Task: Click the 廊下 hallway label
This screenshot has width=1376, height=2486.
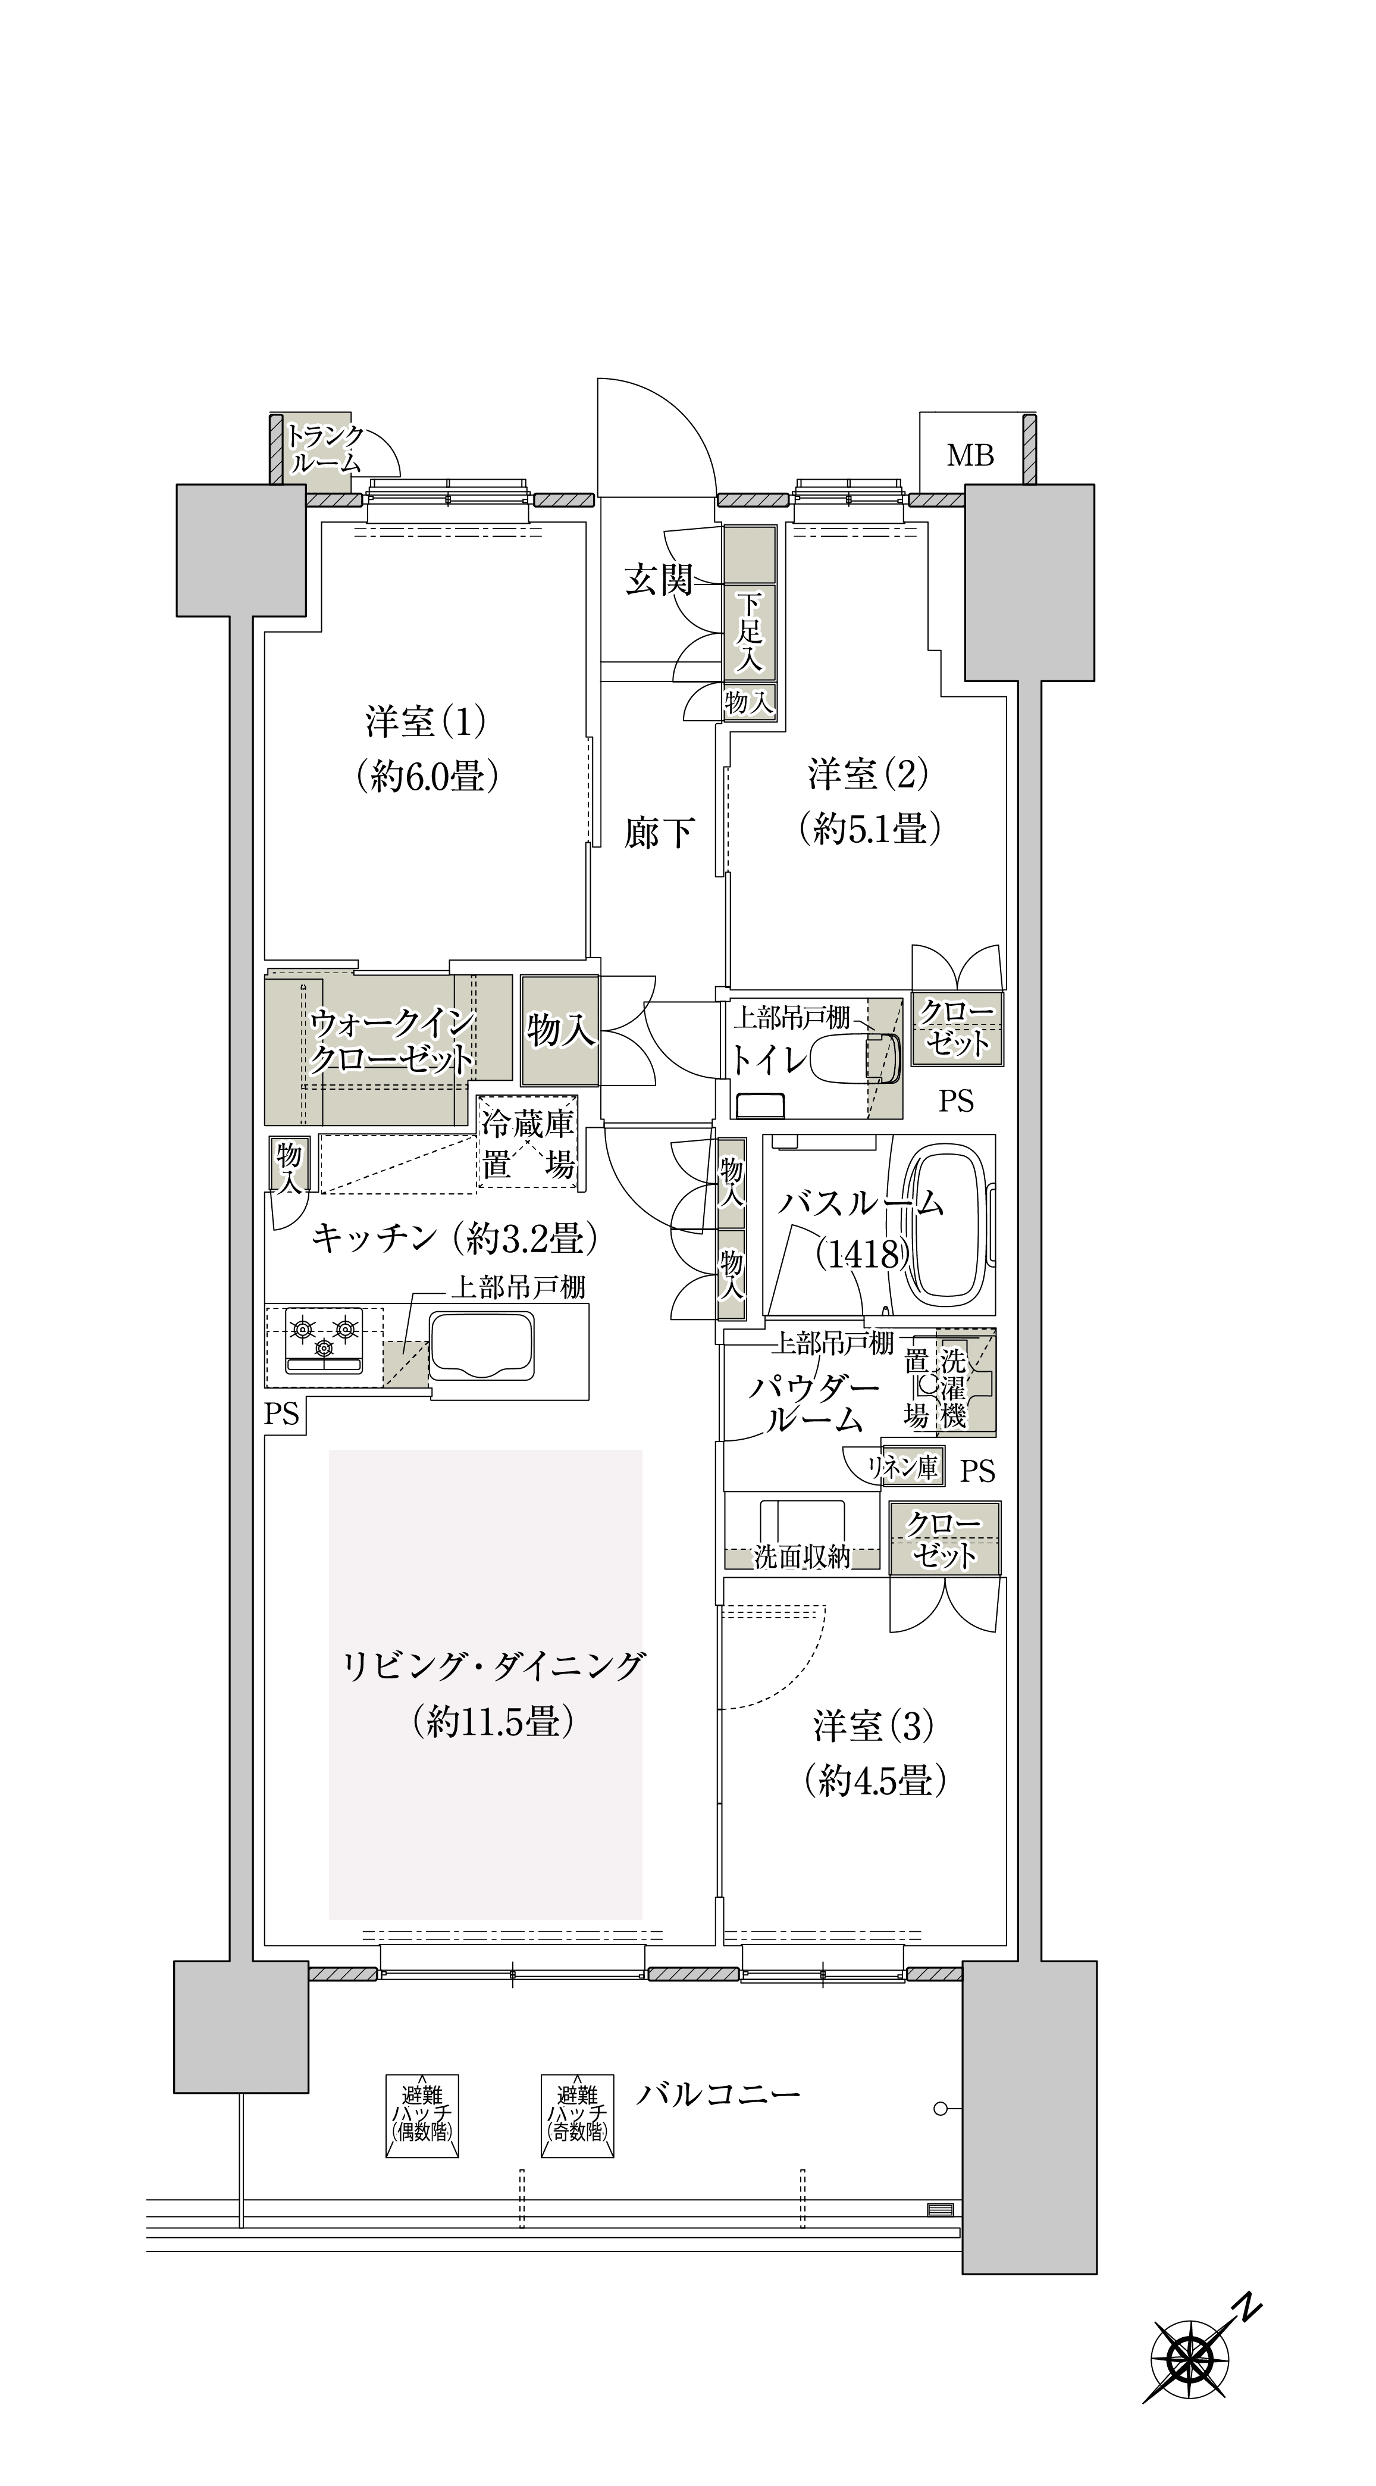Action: point(659,832)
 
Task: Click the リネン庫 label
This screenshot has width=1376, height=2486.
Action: point(903,1468)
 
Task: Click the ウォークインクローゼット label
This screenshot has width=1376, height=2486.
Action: point(392,1042)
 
